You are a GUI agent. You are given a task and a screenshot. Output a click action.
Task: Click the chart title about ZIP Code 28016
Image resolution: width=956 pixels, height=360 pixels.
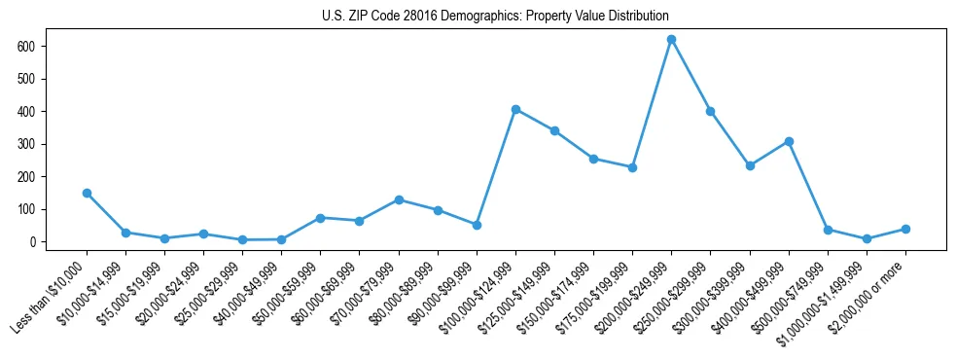click(495, 17)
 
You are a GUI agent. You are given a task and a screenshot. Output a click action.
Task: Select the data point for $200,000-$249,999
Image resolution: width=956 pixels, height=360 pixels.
click(671, 39)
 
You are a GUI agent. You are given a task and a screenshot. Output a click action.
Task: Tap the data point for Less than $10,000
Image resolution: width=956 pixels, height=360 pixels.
click(87, 193)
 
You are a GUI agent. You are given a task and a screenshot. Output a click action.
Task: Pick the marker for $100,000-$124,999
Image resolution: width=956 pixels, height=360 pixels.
click(515, 109)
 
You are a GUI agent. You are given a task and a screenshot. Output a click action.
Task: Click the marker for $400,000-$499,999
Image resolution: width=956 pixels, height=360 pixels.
click(789, 141)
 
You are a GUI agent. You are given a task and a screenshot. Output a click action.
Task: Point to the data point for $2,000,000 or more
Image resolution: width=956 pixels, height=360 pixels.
click(905, 229)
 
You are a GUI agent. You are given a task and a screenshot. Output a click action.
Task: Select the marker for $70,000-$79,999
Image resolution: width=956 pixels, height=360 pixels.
click(399, 199)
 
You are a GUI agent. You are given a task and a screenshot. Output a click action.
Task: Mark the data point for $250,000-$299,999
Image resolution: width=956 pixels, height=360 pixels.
click(711, 111)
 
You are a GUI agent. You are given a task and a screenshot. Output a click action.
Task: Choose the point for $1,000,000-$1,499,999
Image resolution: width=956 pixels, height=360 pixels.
click(867, 238)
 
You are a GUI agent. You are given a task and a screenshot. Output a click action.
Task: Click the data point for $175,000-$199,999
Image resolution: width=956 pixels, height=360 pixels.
click(632, 167)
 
